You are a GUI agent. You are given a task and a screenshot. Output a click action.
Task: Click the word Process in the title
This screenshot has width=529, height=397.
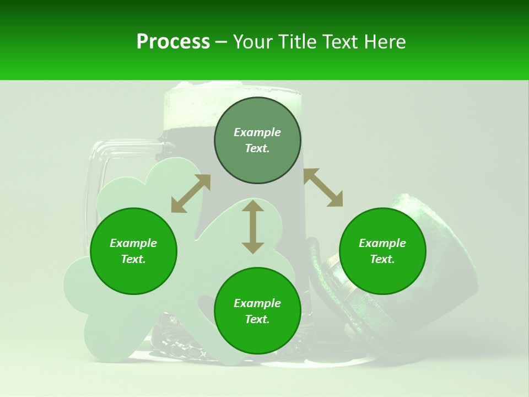[x=173, y=42]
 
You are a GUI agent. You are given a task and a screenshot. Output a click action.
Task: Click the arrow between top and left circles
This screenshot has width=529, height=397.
[x=191, y=194]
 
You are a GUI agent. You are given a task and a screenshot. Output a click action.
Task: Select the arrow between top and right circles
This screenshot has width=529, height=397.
[x=323, y=187]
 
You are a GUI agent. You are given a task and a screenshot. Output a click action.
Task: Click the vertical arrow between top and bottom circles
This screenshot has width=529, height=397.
[x=253, y=227]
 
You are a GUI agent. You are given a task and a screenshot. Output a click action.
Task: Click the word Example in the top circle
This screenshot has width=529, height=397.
[x=257, y=132]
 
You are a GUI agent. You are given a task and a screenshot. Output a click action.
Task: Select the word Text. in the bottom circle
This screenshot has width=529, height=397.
[x=257, y=319]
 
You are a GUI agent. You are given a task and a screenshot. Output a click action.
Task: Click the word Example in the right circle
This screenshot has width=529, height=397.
[x=382, y=243]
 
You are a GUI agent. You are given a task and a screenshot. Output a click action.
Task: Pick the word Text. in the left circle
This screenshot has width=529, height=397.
[x=133, y=259]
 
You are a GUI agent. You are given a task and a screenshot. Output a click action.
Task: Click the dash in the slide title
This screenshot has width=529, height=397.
[x=221, y=42]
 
